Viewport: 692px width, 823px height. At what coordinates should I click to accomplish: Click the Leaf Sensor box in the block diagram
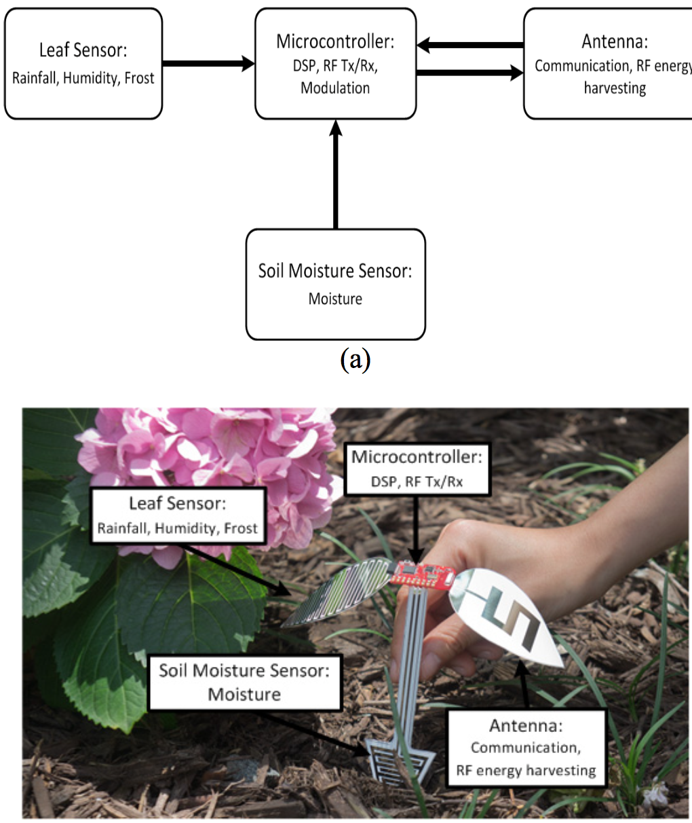[83, 64]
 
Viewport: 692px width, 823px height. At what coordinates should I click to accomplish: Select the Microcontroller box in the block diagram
[335, 64]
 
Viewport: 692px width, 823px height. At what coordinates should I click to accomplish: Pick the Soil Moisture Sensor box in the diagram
[335, 284]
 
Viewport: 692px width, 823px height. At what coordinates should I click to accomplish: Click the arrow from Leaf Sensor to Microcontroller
[208, 64]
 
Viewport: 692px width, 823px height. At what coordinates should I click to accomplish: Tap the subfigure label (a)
[355, 359]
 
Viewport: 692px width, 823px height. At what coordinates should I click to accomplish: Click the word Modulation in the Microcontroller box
[335, 88]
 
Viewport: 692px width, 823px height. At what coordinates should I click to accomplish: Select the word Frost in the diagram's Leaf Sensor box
[139, 78]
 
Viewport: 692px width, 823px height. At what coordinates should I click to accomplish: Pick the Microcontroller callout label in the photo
[416, 468]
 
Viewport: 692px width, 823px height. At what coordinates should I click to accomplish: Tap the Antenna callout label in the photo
[526, 747]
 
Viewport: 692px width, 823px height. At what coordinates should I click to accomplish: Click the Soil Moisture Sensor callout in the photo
[244, 682]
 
